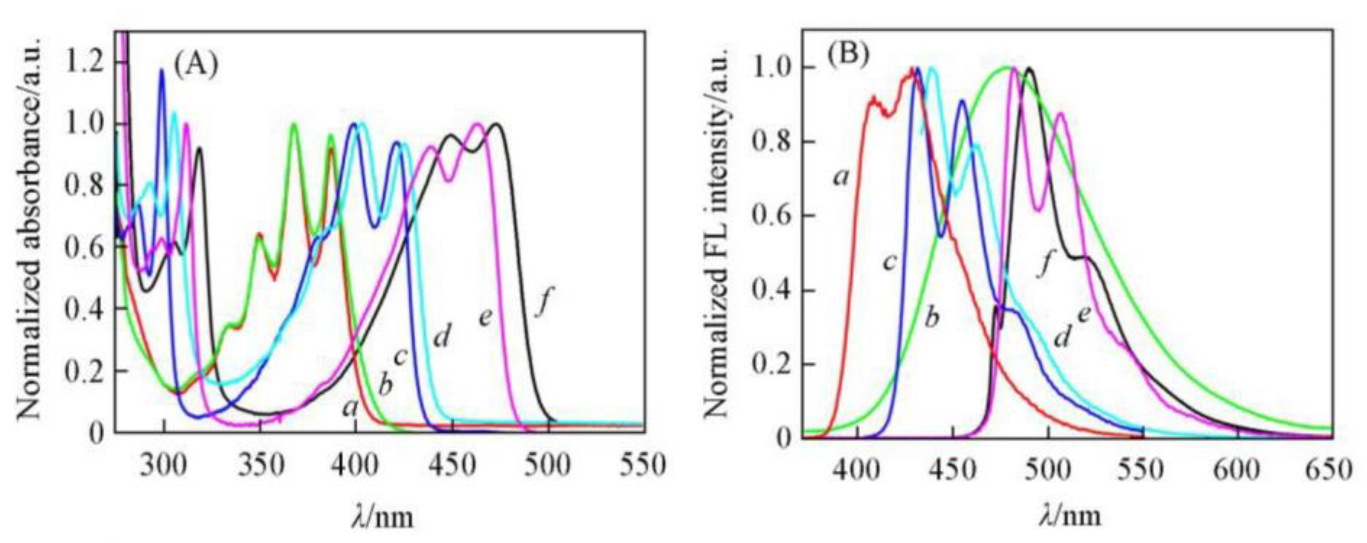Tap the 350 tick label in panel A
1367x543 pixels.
[259, 465]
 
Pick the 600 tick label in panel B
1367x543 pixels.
[1237, 470]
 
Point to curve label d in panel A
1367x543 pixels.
[442, 336]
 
